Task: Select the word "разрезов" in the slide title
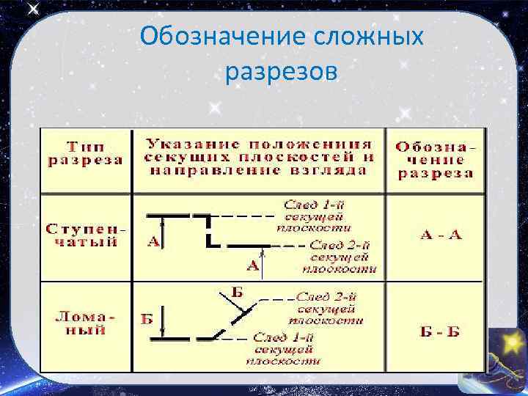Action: [282, 71]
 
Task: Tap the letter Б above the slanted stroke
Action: [237, 292]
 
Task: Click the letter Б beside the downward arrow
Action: [147, 319]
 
